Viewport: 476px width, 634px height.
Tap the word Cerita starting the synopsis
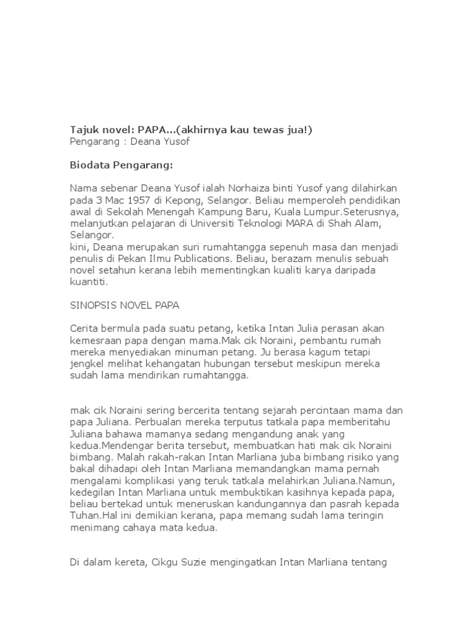pyautogui.click(x=82, y=328)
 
